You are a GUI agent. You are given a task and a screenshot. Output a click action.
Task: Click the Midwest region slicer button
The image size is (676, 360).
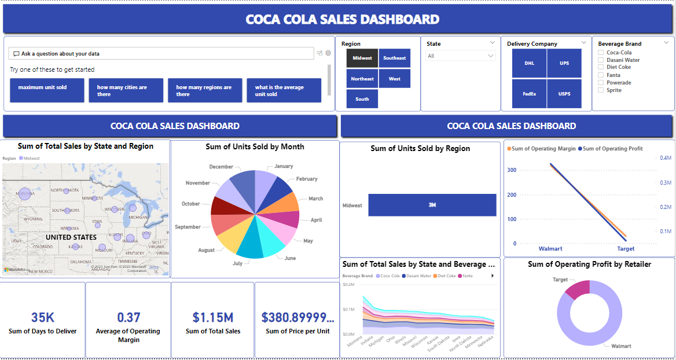[x=362, y=58]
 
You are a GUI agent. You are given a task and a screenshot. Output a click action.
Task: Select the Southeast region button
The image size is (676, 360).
[x=395, y=58]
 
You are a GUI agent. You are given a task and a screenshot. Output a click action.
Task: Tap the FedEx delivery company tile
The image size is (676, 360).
[x=529, y=93]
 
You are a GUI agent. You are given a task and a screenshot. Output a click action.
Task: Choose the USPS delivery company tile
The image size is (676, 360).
[x=564, y=93]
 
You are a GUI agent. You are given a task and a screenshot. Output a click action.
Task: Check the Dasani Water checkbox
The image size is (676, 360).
[x=601, y=60]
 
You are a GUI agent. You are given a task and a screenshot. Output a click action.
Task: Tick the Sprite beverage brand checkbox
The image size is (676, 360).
[x=601, y=90]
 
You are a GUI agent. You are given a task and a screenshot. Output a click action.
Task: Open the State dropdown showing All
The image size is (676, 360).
[x=461, y=56]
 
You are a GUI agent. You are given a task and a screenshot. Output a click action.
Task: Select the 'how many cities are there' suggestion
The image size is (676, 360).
[x=126, y=90]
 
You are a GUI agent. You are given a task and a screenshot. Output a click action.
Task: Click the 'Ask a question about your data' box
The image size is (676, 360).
[x=161, y=53]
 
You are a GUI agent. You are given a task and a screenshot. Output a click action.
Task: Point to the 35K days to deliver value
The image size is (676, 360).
[x=43, y=317]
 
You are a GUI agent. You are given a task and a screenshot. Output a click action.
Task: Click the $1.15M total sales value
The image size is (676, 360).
[x=213, y=317]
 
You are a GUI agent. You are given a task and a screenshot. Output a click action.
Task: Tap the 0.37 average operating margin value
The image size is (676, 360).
[x=128, y=317]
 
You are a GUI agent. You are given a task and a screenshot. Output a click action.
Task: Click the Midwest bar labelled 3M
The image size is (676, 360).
[x=432, y=205]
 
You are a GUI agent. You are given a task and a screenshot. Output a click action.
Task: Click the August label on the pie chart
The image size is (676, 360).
[x=206, y=250]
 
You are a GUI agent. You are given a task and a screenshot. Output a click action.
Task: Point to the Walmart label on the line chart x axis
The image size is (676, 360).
[x=550, y=249]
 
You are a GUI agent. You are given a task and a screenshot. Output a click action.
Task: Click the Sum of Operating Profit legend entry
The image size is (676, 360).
[x=612, y=149]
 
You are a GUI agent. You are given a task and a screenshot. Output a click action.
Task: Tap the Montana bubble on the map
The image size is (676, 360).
[x=24, y=194]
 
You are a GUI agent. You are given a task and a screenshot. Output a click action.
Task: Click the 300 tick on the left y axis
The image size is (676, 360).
[x=512, y=170]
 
